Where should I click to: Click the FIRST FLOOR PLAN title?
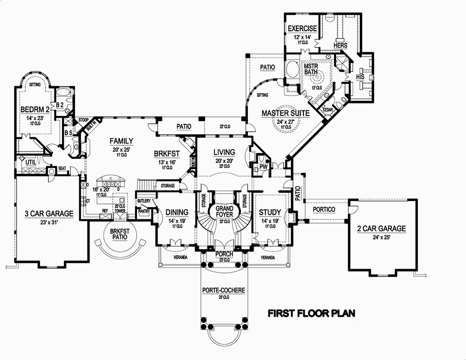[x=311, y=313]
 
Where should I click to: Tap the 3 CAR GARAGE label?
[x=49, y=214]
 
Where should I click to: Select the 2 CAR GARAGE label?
[x=382, y=229]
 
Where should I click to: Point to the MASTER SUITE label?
[x=286, y=113]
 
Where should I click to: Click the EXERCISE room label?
[x=302, y=29]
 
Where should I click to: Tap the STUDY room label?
[x=270, y=212]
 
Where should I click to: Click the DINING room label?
[x=177, y=212]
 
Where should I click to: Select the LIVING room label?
[x=224, y=152]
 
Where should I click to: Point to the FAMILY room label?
[x=122, y=141]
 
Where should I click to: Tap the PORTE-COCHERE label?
[x=224, y=290]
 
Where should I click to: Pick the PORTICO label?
[x=324, y=210]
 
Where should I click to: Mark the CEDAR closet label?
[x=334, y=109]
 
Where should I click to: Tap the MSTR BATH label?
[x=310, y=69]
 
